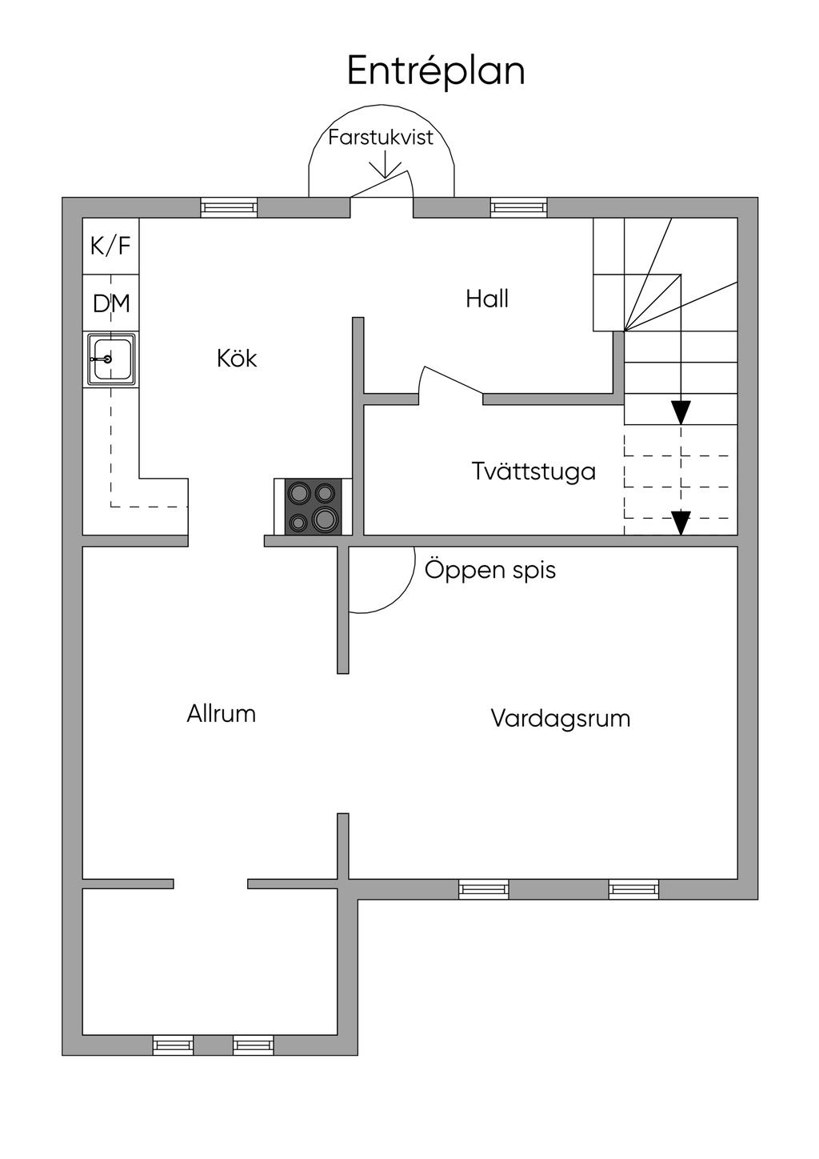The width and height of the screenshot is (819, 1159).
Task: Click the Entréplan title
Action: [x=436, y=71]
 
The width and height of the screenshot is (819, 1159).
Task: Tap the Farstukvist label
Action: [x=381, y=137]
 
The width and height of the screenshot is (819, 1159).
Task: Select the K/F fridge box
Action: [x=111, y=246]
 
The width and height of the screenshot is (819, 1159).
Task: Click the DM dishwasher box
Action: [x=111, y=304]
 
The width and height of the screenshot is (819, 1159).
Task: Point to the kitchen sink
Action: [x=111, y=359]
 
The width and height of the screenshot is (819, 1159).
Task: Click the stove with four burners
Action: [x=314, y=506]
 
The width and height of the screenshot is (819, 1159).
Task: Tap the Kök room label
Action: [x=237, y=358]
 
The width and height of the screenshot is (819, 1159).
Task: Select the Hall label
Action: [x=487, y=299]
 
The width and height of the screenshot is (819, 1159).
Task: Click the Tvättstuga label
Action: [x=533, y=471]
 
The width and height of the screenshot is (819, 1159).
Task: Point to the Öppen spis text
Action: [x=489, y=570]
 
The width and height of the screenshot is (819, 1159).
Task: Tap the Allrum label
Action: [x=222, y=713]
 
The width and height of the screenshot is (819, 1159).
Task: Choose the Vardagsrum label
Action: [x=560, y=718]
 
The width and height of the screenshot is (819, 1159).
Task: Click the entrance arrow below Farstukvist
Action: [x=386, y=165]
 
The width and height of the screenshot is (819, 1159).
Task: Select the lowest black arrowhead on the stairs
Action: [x=680, y=523]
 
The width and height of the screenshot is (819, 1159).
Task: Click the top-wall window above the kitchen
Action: [x=229, y=207]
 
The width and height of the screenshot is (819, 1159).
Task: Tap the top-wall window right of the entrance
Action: [x=518, y=207]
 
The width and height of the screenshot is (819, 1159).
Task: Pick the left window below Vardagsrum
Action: [x=483, y=888]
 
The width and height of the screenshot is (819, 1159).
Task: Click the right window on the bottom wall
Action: [x=254, y=1045]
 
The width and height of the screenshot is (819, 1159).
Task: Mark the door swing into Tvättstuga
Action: [x=451, y=382]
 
